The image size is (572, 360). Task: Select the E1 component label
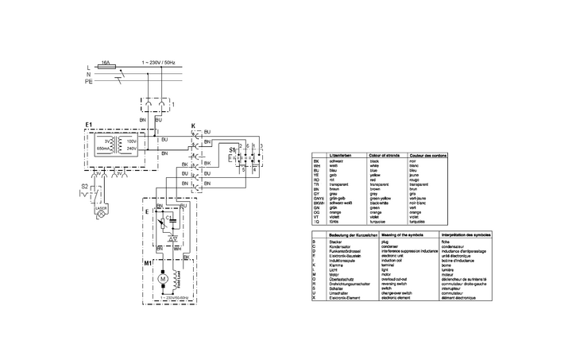click(x=89, y=125)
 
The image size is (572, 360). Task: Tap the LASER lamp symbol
click(x=101, y=215)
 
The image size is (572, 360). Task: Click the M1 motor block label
click(x=147, y=261)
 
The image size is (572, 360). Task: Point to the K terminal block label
click(x=193, y=126)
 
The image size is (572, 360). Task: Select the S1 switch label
click(x=231, y=149)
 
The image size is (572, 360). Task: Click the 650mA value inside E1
click(x=103, y=149)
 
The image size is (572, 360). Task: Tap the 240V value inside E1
click(x=133, y=149)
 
